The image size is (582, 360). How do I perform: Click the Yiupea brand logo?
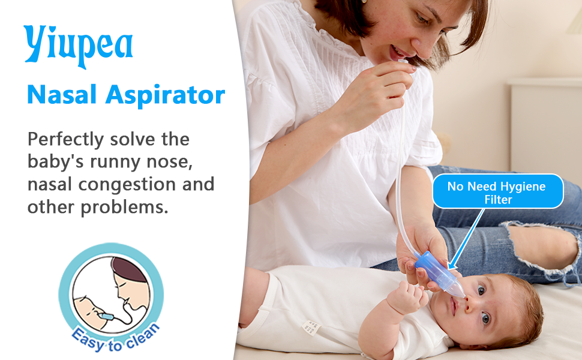pos(79,46)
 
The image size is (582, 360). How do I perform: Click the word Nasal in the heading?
pos(62,95)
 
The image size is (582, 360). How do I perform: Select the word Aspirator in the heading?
pos(166,96)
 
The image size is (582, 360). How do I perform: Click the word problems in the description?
pos(124,208)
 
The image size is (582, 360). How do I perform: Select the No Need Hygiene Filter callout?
pos(498,191)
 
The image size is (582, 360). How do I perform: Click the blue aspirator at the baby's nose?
pos(440,274)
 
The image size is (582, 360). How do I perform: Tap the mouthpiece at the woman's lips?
pos(403,61)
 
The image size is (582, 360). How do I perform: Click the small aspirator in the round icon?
pos(106,317)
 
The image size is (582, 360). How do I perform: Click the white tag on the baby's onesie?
pos(311,328)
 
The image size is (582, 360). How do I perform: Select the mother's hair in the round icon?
pos(128,269)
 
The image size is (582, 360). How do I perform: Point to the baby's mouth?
pos(453,306)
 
